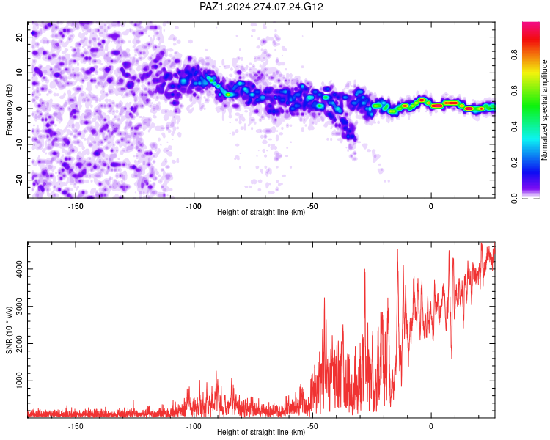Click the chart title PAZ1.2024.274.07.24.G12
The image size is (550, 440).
(261, 7)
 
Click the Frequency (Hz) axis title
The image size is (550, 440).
(9, 110)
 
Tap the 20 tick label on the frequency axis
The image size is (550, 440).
(19, 37)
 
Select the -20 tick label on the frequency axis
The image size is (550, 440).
(19, 179)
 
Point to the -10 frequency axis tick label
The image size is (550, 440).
(19, 143)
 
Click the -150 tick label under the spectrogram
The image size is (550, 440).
(75, 206)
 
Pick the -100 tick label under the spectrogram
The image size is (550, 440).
(194, 206)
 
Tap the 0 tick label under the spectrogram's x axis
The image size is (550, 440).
(431, 206)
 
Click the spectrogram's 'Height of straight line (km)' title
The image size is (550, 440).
(261, 212)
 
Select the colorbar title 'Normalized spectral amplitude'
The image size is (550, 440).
(544, 110)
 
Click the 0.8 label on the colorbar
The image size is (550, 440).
(514, 55)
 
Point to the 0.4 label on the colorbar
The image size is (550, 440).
(514, 126)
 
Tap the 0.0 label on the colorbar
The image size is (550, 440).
(514, 198)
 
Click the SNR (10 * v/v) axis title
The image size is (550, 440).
(9, 330)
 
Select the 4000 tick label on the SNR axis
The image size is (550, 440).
(19, 269)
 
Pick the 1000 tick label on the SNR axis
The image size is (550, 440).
(19, 381)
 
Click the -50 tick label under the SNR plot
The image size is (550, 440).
(312, 426)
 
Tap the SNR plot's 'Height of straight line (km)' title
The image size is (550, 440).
(261, 432)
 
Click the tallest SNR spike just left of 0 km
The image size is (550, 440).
(397, 250)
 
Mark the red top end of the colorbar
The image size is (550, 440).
(531, 23)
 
